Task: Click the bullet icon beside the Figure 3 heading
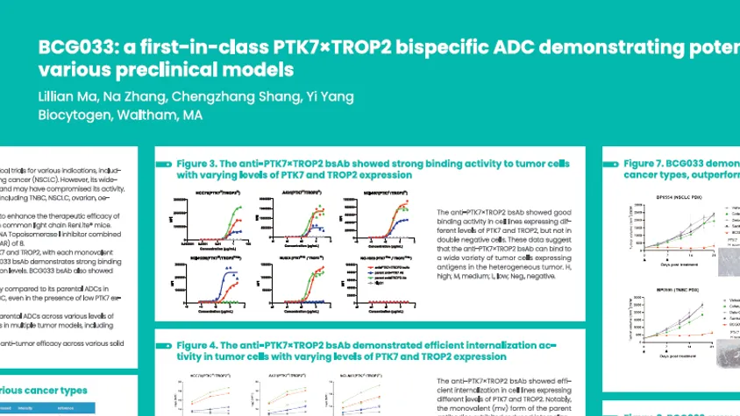164,164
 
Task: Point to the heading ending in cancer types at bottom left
44,391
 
